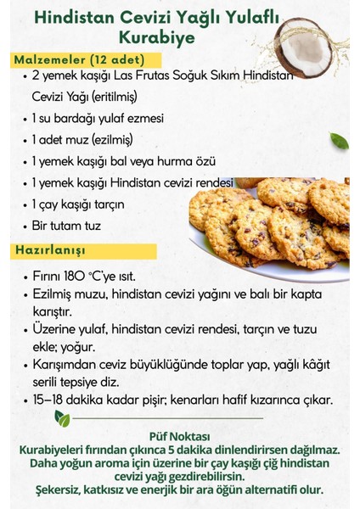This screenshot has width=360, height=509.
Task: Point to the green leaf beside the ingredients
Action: pos(339,141)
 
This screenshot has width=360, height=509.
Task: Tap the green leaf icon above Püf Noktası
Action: pos(62,418)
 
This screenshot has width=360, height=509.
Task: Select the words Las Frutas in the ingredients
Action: pos(139,76)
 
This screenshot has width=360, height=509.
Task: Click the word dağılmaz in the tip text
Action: pos(313,449)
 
